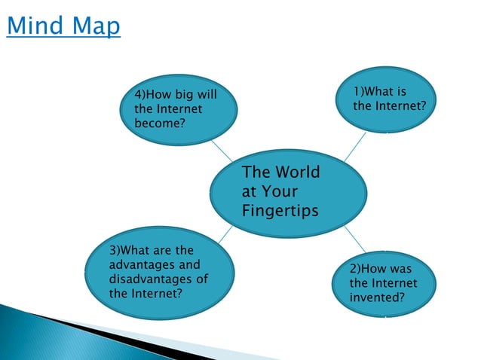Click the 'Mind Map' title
[63, 27]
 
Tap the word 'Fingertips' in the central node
[280, 209]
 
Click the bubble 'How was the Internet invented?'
[384, 282]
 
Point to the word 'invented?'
[377, 297]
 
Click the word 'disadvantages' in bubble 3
[148, 279]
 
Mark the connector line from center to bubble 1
[354, 148]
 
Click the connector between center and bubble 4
[222, 151]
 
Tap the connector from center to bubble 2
[355, 238]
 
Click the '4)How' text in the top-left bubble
[152, 95]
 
